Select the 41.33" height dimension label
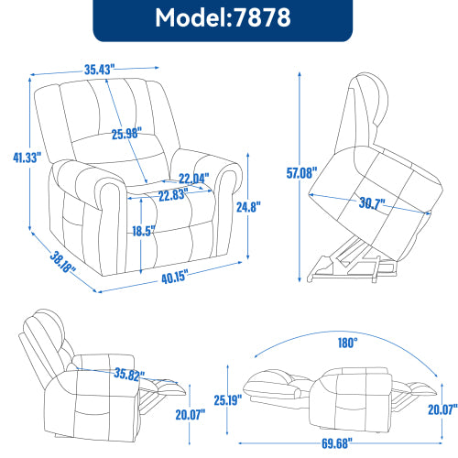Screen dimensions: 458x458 click(16, 157)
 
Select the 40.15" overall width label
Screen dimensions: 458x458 click(169, 276)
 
